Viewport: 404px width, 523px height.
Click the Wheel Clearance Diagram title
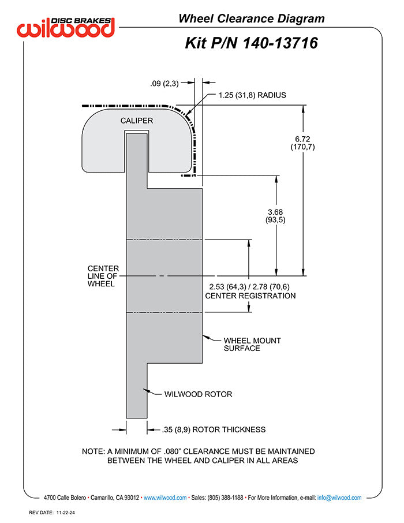(252, 18)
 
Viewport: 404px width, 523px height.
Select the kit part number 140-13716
(280, 43)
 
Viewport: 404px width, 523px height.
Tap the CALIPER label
(136, 121)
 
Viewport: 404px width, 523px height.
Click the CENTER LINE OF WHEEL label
(103, 276)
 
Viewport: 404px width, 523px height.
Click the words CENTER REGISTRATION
(250, 296)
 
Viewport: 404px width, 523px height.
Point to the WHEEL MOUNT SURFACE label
(252, 344)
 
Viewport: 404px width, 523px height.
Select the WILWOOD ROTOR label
(198, 394)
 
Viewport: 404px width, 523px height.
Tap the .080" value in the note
(173, 451)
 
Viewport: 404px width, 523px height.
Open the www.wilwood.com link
(165, 498)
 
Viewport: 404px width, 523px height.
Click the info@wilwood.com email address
(339, 498)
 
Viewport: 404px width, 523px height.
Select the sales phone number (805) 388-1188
(226, 498)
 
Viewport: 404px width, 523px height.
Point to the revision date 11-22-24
(66, 513)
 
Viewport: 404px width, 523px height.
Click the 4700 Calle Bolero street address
(65, 498)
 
